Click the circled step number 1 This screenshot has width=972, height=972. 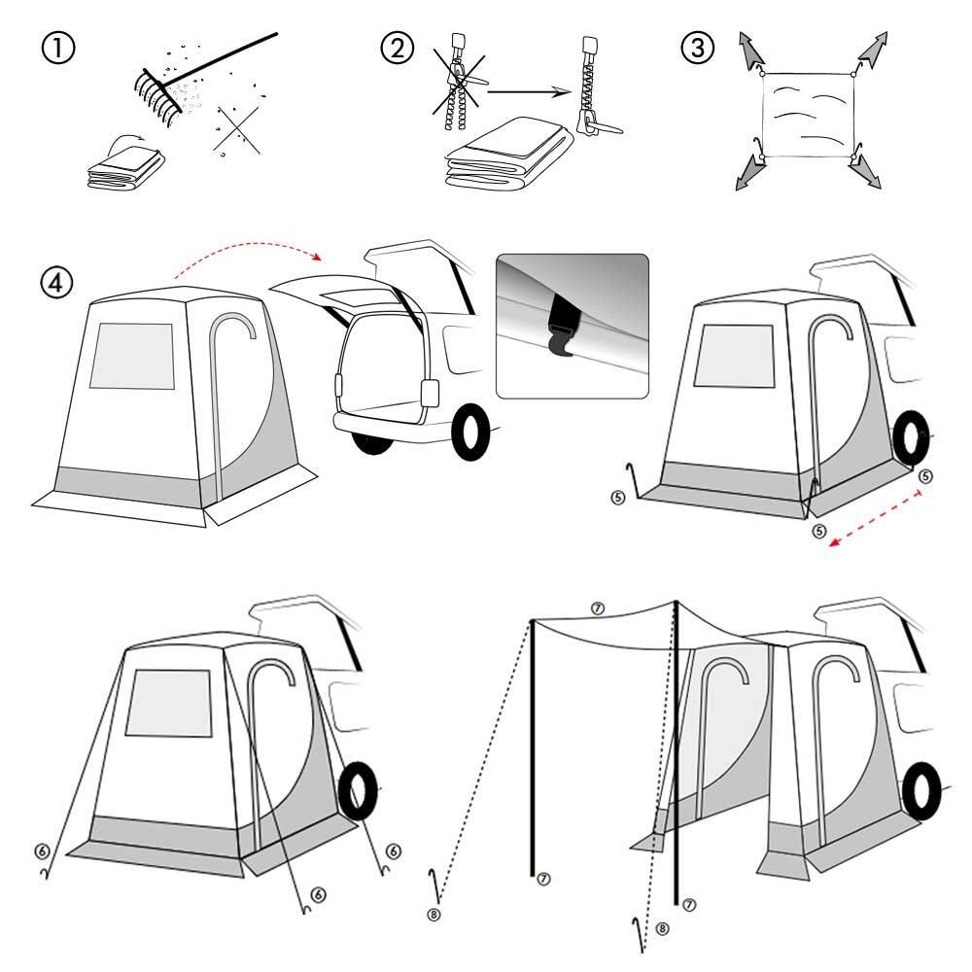pyautogui.click(x=57, y=48)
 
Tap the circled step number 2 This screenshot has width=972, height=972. pyautogui.click(x=397, y=48)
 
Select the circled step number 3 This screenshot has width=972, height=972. pyautogui.click(x=697, y=48)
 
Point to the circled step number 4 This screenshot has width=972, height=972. pyautogui.click(x=56, y=283)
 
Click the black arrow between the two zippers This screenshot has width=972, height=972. pyautogui.click(x=529, y=92)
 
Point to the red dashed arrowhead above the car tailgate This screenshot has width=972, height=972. pyautogui.click(x=316, y=256)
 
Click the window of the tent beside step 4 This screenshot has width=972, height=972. pyautogui.click(x=132, y=356)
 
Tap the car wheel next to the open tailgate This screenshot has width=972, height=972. pyautogui.click(x=471, y=433)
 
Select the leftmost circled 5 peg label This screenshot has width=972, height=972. pyautogui.click(x=618, y=497)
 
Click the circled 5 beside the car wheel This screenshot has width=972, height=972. pyautogui.click(x=925, y=476)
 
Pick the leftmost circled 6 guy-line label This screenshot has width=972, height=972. pyautogui.click(x=42, y=851)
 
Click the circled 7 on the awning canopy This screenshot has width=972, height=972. pyautogui.click(x=597, y=608)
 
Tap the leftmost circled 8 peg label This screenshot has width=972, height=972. pyautogui.click(x=434, y=915)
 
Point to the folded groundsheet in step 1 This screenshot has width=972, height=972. pyautogui.click(x=125, y=167)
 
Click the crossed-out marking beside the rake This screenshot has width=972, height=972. pyautogui.click(x=237, y=130)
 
